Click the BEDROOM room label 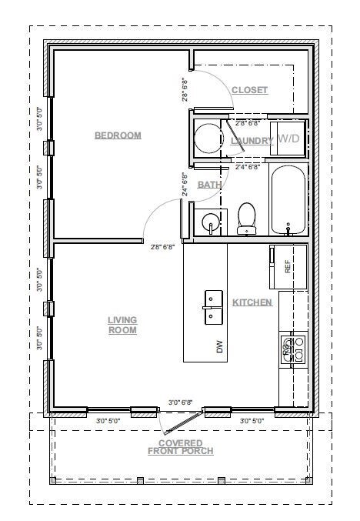[x=118, y=135]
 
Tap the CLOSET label [x=249, y=90]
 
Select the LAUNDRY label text [x=252, y=141]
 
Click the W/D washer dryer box [x=289, y=139]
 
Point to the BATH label [x=209, y=185]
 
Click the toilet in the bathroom [x=247, y=218]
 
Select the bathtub [x=288, y=200]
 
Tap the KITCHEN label [x=252, y=302]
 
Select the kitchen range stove [x=292, y=349]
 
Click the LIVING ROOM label [x=122, y=325]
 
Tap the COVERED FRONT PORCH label [x=181, y=447]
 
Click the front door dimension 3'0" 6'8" [x=182, y=402]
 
